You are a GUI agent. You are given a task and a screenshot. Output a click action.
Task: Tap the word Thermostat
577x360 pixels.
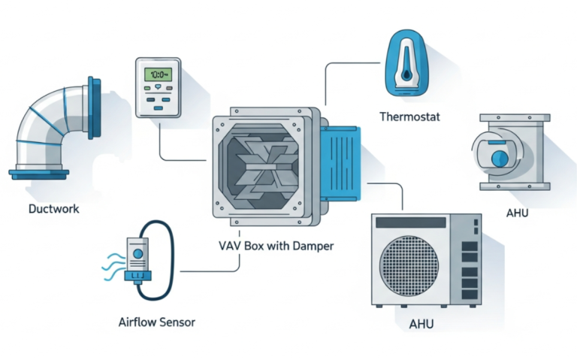(409, 116)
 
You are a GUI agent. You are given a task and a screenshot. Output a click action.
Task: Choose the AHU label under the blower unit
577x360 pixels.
(517, 213)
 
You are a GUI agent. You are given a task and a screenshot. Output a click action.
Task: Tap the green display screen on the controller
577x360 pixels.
(159, 75)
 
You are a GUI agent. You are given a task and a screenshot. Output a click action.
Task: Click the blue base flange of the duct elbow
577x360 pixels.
(38, 174)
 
